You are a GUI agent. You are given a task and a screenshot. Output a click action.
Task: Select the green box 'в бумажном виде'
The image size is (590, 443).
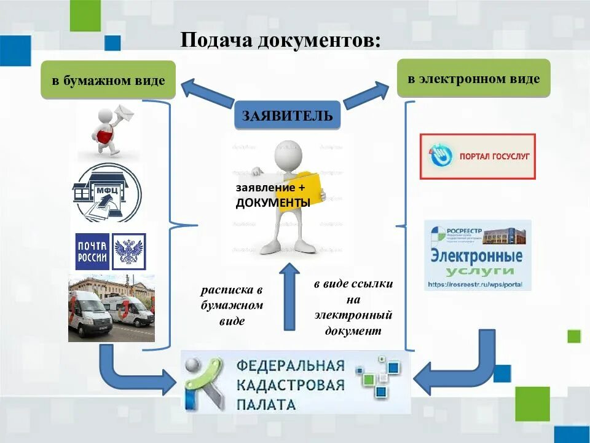pyautogui.click(x=108, y=80)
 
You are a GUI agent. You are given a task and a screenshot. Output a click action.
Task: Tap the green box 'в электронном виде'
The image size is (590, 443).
pyautogui.click(x=473, y=78)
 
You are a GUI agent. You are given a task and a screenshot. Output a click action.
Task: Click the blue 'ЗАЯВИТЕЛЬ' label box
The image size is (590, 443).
pyautogui.click(x=287, y=115)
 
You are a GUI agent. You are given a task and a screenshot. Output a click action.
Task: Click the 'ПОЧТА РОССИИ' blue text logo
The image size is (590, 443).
pyautogui.click(x=92, y=251)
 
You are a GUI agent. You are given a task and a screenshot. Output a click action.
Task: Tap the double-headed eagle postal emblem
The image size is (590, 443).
pyautogui.click(x=129, y=251)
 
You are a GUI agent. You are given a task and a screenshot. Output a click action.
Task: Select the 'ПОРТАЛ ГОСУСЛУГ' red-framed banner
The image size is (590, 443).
pyautogui.click(x=477, y=156)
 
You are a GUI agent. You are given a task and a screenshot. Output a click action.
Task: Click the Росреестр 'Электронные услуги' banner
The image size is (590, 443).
pyautogui.click(x=477, y=255)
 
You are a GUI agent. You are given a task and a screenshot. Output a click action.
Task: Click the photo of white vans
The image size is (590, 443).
pyautogui.click(x=111, y=308)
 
